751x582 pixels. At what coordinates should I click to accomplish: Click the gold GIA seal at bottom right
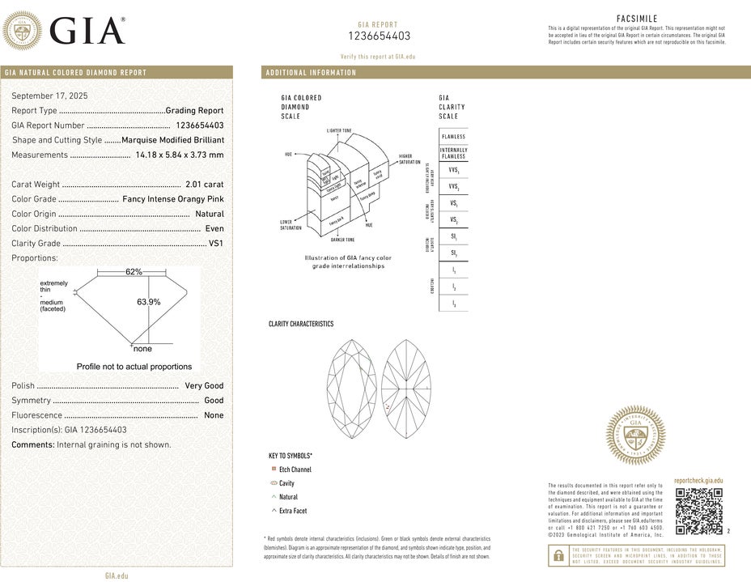[636, 435]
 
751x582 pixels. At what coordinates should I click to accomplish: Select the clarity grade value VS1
[215, 243]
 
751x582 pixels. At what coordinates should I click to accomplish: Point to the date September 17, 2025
[50, 96]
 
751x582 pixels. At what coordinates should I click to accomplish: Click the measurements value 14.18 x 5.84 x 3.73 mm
[180, 155]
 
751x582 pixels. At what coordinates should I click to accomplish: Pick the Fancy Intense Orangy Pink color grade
[172, 199]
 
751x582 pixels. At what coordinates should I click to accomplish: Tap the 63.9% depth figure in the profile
[148, 302]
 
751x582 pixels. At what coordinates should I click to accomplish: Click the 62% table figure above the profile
[134, 272]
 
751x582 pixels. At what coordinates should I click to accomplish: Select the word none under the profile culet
[142, 349]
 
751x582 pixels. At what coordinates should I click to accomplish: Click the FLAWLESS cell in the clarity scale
[453, 137]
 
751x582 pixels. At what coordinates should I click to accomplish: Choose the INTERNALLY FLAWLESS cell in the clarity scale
[453, 153]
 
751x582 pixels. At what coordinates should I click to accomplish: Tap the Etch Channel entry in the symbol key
[295, 469]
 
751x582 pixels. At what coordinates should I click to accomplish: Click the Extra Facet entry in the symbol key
[293, 511]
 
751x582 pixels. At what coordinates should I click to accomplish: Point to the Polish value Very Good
[204, 386]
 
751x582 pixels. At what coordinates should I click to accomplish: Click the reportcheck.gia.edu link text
[698, 481]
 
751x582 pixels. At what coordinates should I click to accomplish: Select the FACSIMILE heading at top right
[637, 18]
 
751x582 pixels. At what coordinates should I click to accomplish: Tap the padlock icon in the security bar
[558, 555]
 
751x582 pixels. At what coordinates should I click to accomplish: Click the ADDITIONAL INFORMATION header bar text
[311, 73]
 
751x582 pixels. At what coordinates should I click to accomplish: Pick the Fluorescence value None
[214, 415]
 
